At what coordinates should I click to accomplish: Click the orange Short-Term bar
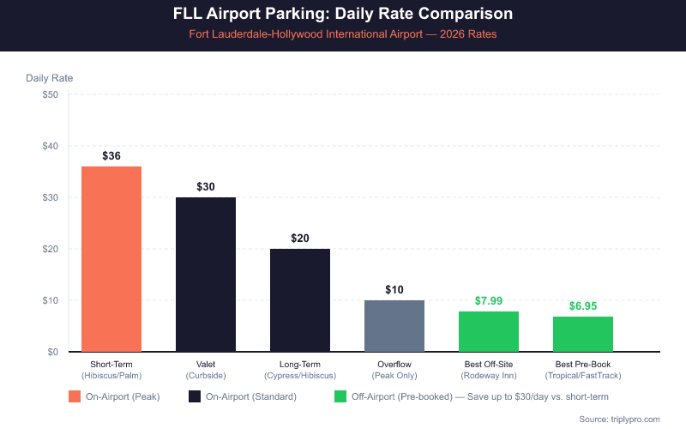coord(111,258)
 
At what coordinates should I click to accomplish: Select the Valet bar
coord(206,274)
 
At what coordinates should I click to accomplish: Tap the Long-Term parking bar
coord(300,299)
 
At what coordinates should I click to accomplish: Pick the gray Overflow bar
coord(394,325)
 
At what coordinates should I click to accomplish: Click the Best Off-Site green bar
coord(489,331)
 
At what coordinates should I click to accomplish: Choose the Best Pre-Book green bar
coord(583,334)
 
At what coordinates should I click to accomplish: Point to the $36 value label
coord(111,156)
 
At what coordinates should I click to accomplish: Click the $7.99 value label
coord(489,301)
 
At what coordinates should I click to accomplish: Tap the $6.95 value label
coord(583,306)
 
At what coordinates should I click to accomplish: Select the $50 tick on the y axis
coord(50,94)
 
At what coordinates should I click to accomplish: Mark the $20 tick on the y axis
coord(50,249)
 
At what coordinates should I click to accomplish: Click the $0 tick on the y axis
coord(52,352)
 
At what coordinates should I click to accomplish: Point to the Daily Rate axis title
coord(50,77)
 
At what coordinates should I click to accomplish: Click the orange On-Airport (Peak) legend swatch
coord(75,396)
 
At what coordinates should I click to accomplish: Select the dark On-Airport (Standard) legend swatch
coord(195,396)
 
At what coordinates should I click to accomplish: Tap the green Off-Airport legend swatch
coord(340,396)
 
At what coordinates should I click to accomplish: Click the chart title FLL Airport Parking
coord(343,15)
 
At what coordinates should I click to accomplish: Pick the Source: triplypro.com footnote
coord(620,419)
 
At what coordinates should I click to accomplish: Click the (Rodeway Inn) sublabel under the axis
coord(489,376)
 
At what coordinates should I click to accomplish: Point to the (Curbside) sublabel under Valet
coord(206,376)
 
